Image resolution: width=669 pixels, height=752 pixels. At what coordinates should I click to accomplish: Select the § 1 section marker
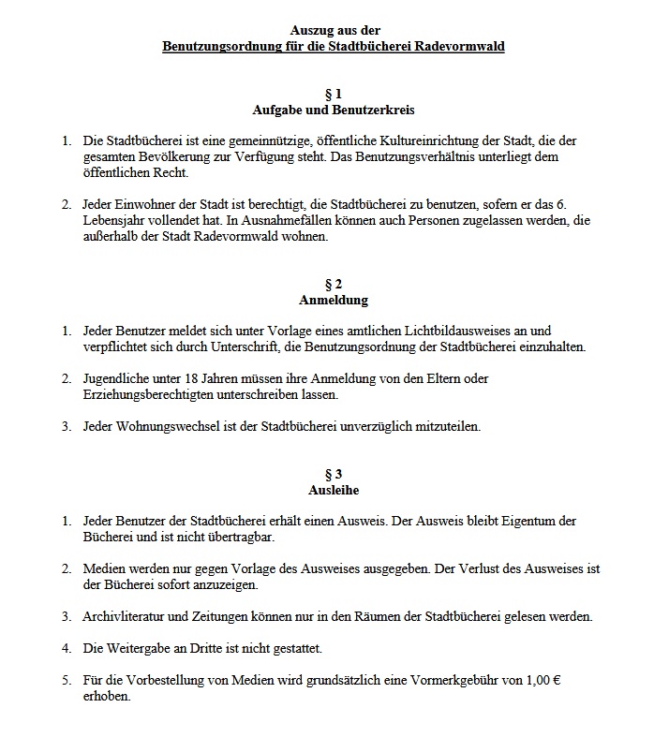(x=334, y=95)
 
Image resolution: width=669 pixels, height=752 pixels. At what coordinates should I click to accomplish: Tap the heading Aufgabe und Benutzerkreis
(x=334, y=110)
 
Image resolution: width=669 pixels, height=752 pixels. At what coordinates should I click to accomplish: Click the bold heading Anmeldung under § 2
(x=334, y=301)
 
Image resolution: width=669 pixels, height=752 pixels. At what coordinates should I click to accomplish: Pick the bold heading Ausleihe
(x=334, y=490)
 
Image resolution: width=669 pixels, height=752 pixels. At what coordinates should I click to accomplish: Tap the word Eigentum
(x=524, y=521)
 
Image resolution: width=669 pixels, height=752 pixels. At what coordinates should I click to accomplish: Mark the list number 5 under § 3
(x=67, y=680)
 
